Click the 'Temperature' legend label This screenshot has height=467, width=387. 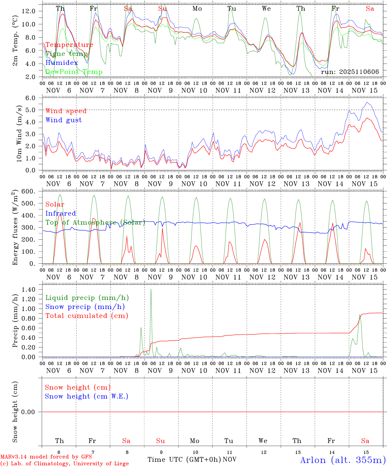[x=69, y=45]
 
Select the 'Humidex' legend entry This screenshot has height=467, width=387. [x=62, y=63]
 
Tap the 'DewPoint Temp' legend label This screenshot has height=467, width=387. [x=74, y=72]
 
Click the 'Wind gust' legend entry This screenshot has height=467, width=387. [x=64, y=120]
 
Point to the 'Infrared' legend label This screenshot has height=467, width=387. [x=61, y=213]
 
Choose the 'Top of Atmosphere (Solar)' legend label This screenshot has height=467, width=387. [x=95, y=222]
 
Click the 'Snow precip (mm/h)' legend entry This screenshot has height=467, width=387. [x=85, y=307]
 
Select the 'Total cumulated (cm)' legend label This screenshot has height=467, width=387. [x=87, y=316]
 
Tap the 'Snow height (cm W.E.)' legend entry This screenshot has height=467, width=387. [x=86, y=396]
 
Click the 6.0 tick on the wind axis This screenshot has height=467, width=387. [x=30, y=98]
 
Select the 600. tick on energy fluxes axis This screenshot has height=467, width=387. [x=28, y=191]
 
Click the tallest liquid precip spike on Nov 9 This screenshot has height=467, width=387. [x=151, y=289]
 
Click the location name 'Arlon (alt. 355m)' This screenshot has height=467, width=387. [x=343, y=460]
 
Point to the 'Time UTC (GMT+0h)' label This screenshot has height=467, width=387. [x=184, y=460]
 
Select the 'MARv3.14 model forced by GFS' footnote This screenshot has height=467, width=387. [x=46, y=457]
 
